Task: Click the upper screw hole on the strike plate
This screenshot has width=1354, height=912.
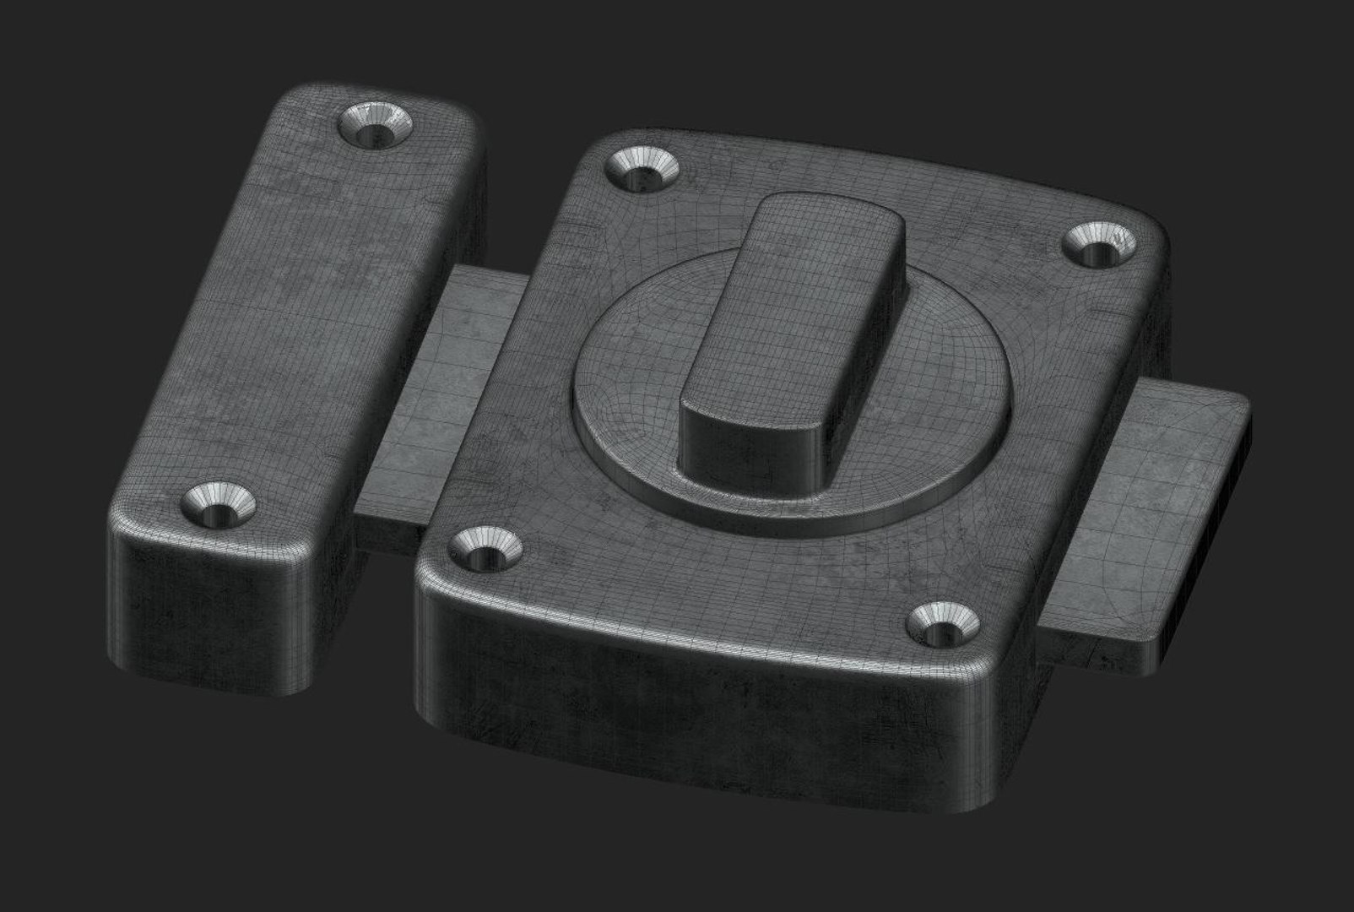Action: click(376, 127)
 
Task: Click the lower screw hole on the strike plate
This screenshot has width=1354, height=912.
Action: click(219, 504)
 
